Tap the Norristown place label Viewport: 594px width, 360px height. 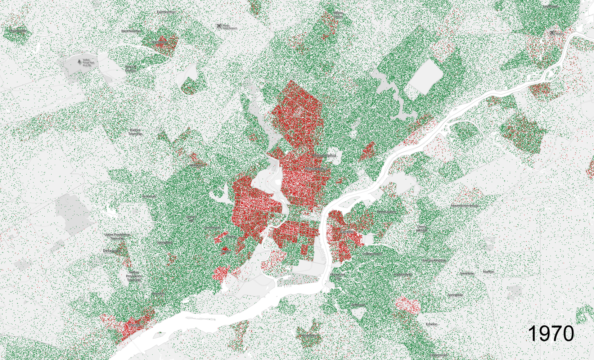pyautogui.click(x=159, y=42)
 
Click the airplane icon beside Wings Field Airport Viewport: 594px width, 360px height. pyautogui.click(x=219, y=26)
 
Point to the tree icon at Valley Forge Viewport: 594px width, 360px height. pyautogui.click(x=79, y=62)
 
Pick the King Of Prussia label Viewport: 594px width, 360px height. pyautogui.click(x=131, y=68)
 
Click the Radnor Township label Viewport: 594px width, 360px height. pyautogui.click(x=135, y=132)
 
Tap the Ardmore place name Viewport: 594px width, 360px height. pyautogui.click(x=197, y=165)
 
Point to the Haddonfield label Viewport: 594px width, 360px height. pyautogui.click(x=402, y=274)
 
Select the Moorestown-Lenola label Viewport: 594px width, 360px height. pyautogui.click(x=465, y=206)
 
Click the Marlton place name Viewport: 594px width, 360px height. pyautogui.click(x=489, y=271)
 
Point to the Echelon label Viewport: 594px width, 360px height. pyautogui.click(x=431, y=324)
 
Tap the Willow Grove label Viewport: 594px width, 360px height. pyautogui.click(x=338, y=14)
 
